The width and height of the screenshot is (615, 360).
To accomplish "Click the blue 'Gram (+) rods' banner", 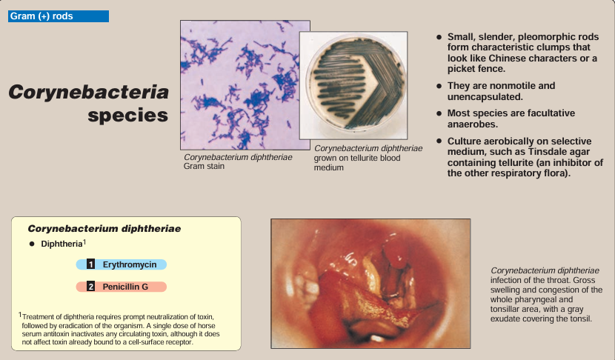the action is point(59,16).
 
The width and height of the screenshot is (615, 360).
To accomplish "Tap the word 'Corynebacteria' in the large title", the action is point(89,92).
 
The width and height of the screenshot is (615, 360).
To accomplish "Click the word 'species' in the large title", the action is point(128,116).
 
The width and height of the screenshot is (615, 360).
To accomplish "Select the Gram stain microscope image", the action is point(245,85).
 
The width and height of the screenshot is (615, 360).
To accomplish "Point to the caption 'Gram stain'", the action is point(204,166).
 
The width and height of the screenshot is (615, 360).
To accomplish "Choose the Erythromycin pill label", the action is point(122,264).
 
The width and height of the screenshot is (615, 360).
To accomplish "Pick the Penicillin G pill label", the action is point(122,287).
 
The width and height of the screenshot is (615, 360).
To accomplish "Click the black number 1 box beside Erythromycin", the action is point(90,264).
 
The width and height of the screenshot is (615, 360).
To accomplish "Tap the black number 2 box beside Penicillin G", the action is point(90,287).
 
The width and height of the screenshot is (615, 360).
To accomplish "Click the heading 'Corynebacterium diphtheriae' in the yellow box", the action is point(104,229).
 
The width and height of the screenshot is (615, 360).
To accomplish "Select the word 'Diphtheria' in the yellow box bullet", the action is point(61,244).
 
